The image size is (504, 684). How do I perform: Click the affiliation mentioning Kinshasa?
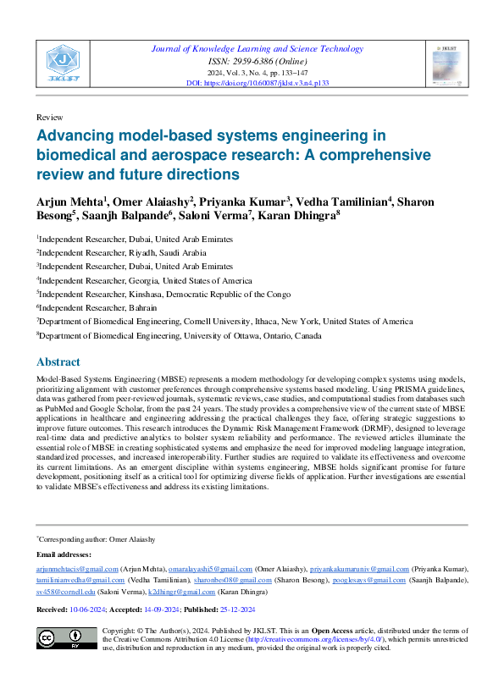163,295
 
